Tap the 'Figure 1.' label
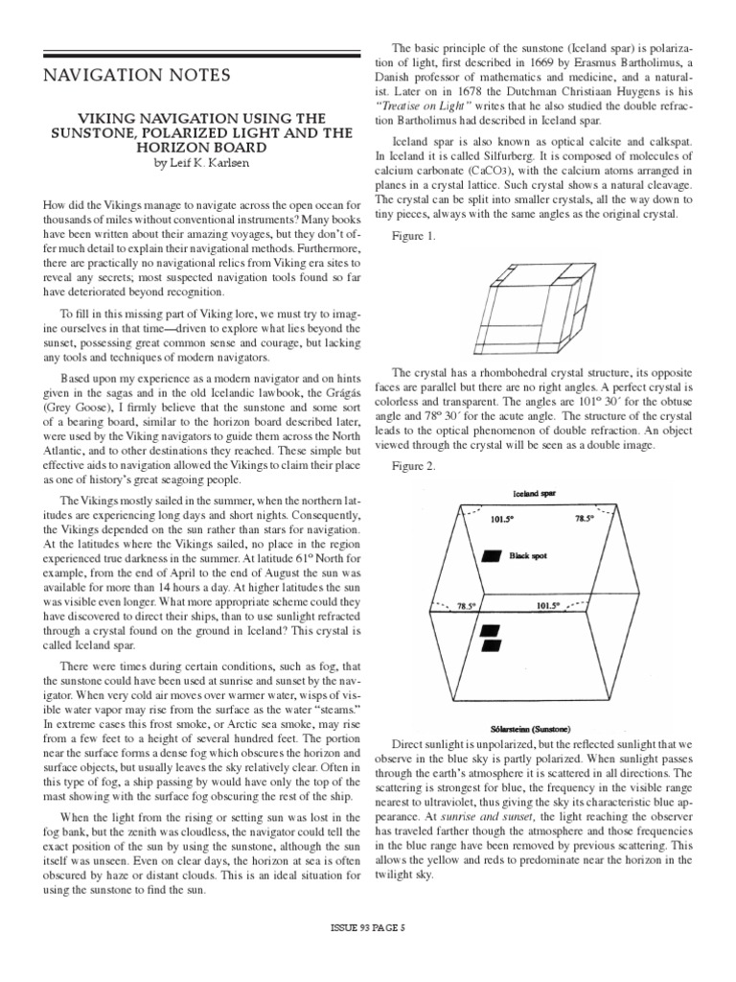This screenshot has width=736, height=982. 415,236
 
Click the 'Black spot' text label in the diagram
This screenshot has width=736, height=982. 527,555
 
